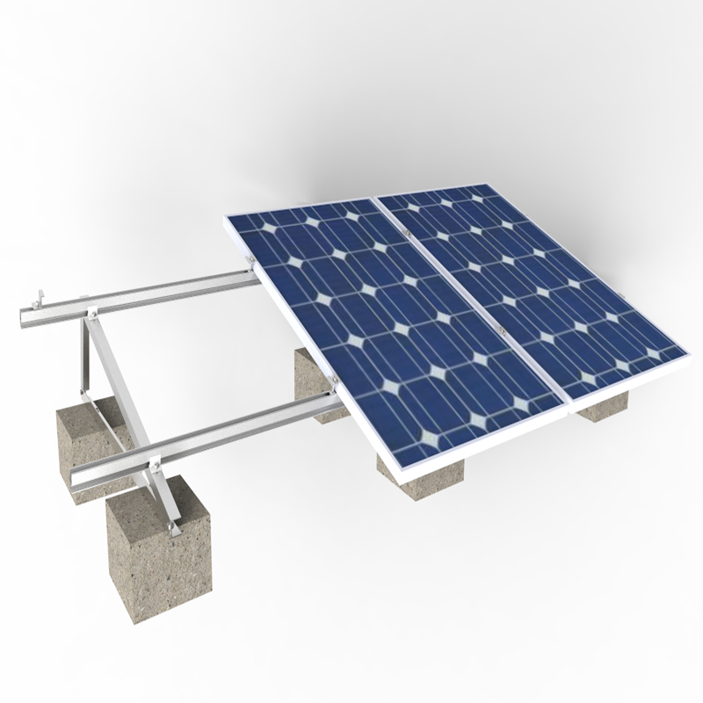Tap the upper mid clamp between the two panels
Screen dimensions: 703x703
[409, 231]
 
